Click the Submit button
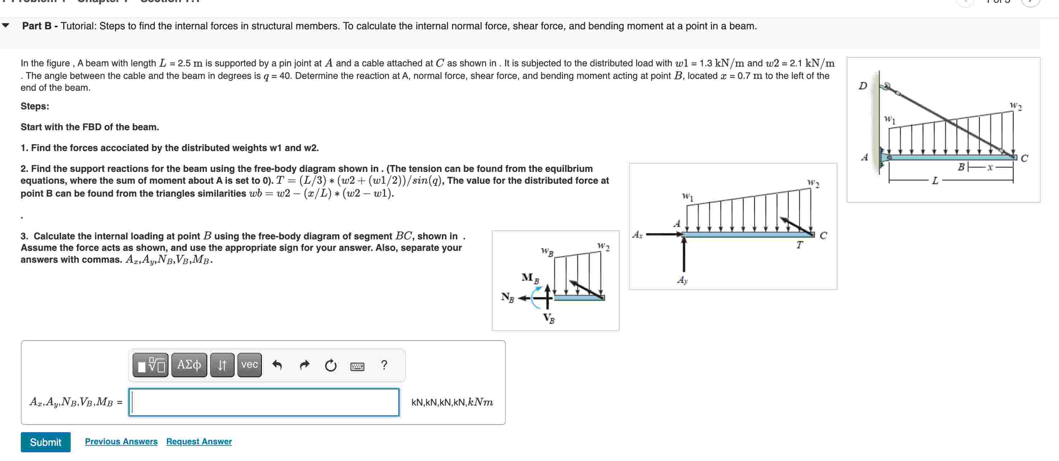pos(45,442)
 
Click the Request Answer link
pos(199,441)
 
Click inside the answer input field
pos(264,402)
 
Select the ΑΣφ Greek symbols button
pos(189,364)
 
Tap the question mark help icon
pos(384,364)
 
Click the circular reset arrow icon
pos(330,365)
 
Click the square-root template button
pos(151,364)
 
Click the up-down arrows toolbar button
pos(222,364)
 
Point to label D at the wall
pos(863,85)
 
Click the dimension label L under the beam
pos(935,181)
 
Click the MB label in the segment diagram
pos(529,278)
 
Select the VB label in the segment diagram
pos(549,318)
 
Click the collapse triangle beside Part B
pos(6,25)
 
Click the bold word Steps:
pos(35,106)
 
